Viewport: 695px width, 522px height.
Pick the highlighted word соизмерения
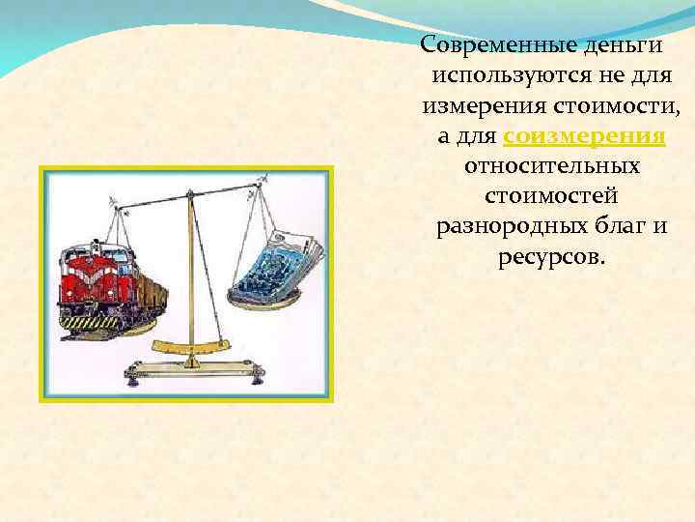click(x=584, y=135)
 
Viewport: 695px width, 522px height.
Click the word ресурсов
click(x=550, y=259)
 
